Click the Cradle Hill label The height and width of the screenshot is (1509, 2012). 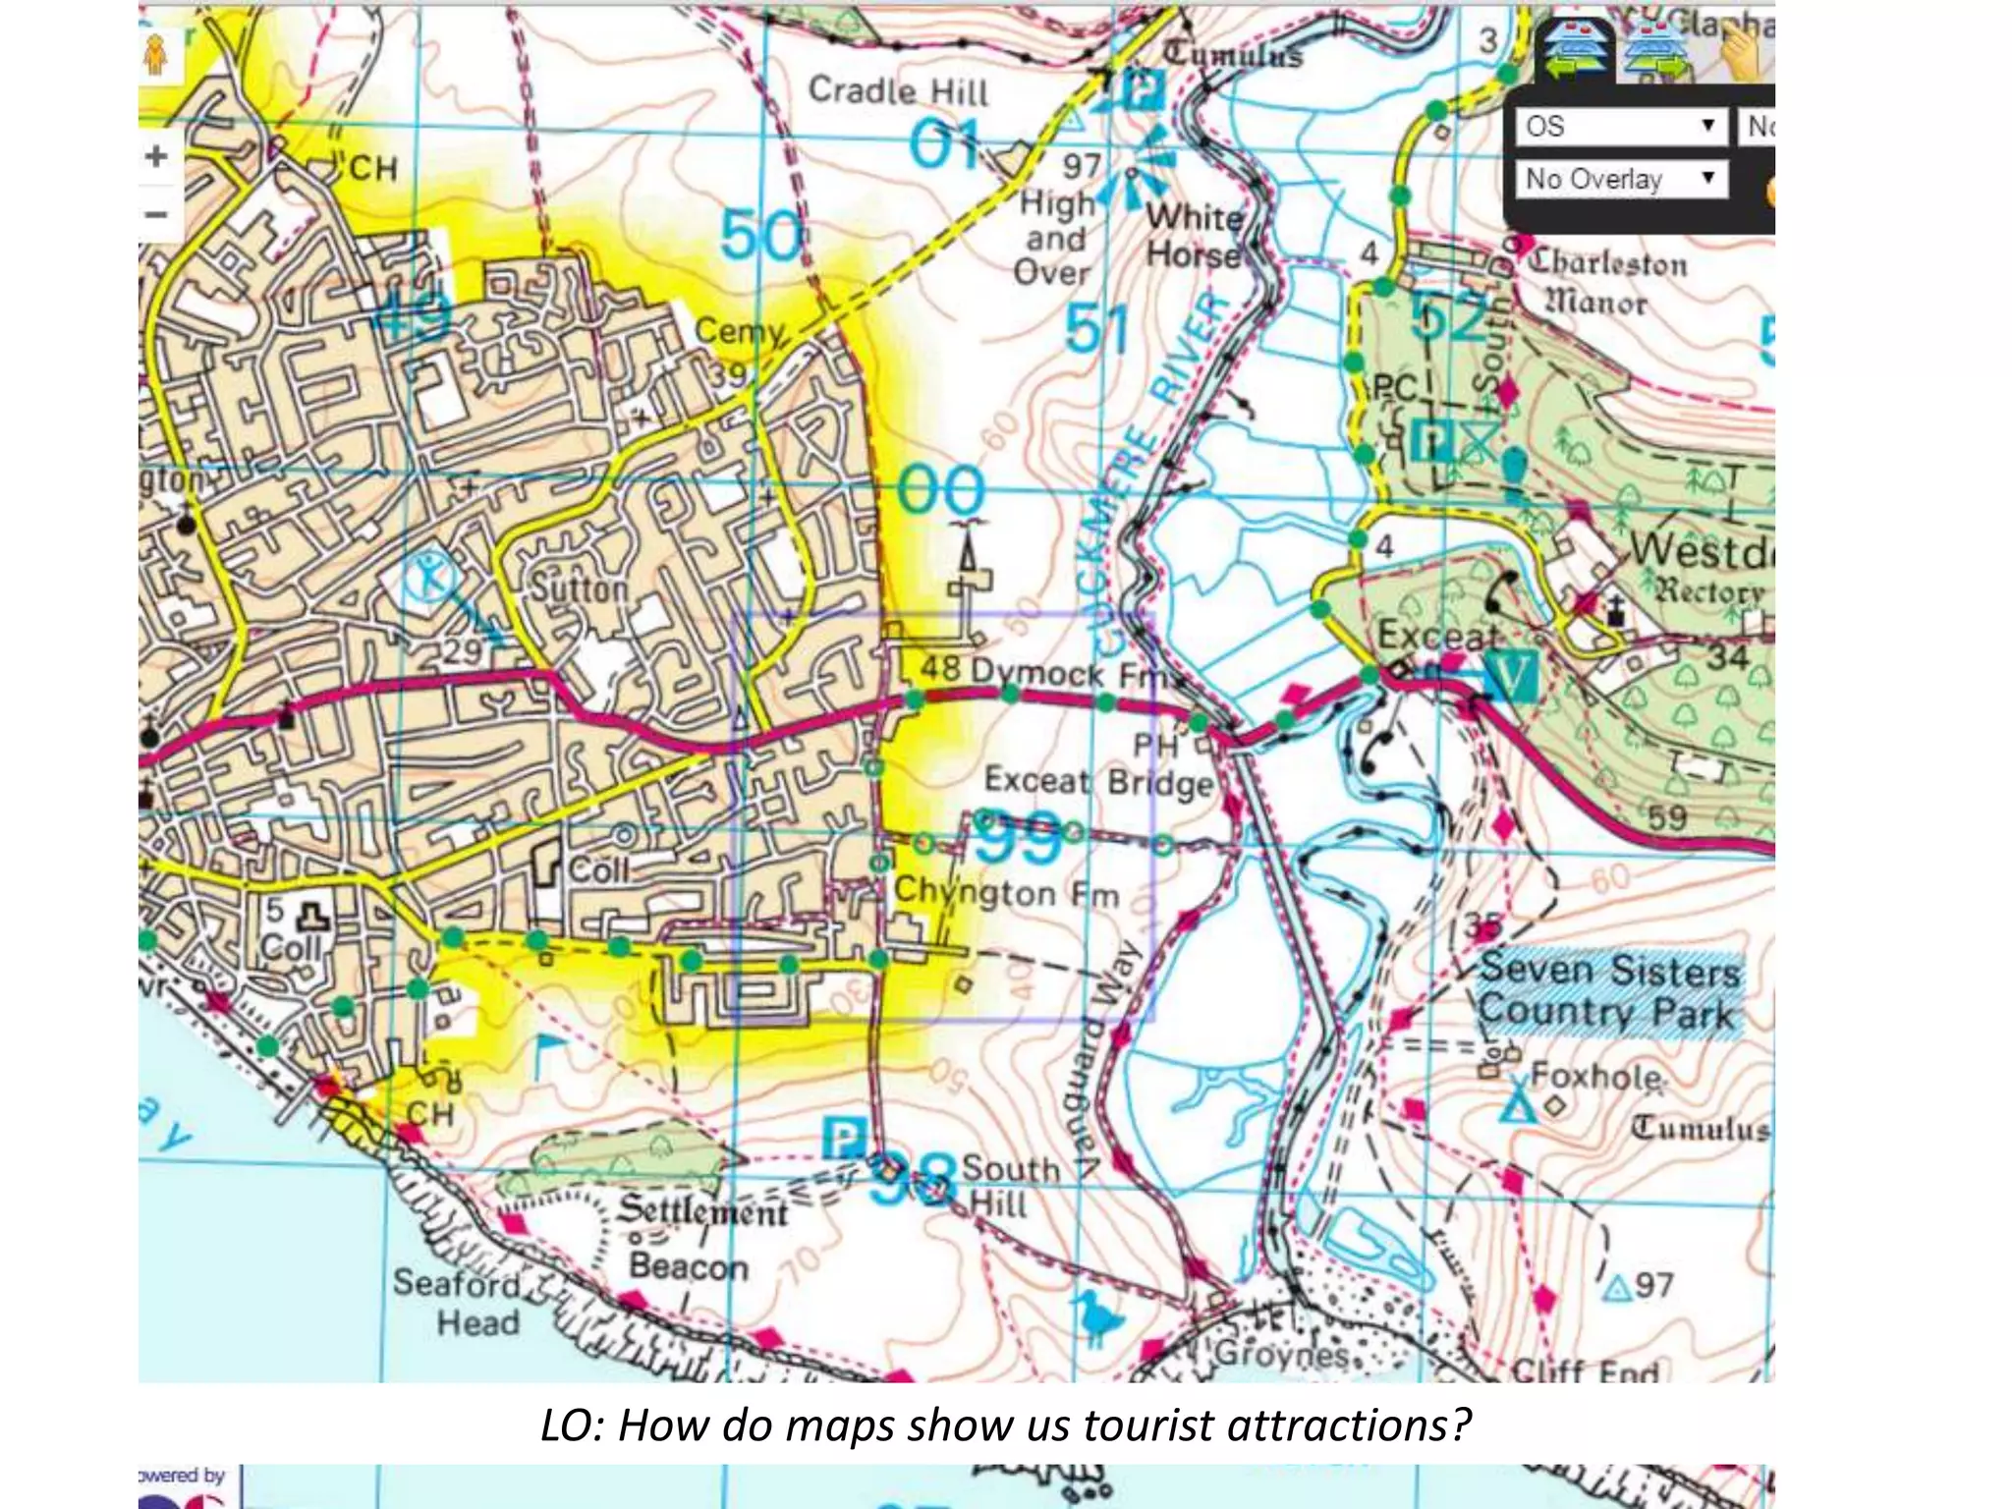898,91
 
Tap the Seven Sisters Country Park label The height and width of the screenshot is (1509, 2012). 1609,992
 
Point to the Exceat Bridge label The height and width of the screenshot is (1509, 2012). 1098,782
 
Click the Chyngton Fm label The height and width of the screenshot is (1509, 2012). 1006,893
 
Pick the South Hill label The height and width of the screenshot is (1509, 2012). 1010,1186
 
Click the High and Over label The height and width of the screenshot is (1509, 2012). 1056,238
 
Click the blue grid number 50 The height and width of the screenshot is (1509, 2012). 760,236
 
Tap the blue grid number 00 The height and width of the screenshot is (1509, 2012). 940,490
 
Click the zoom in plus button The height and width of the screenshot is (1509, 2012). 156,156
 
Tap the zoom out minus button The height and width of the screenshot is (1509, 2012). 156,214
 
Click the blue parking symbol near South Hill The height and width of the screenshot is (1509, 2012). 843,1139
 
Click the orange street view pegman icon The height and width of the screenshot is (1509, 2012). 155,56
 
